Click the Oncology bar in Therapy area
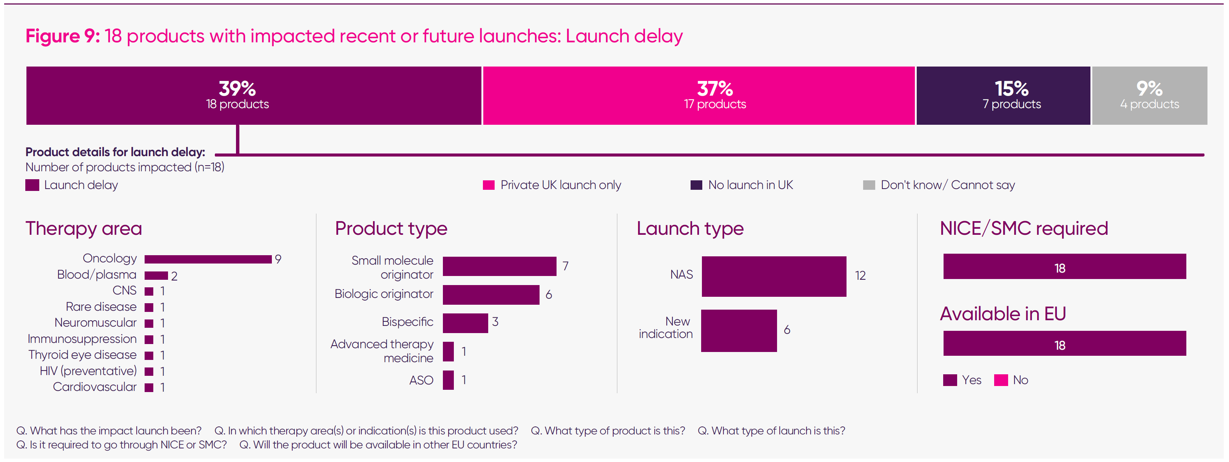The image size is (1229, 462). [x=208, y=259]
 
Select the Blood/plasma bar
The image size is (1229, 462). [x=156, y=276]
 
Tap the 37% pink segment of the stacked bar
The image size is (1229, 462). [x=699, y=96]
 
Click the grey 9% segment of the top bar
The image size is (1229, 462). [x=1149, y=96]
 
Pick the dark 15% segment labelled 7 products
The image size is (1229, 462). [x=1003, y=96]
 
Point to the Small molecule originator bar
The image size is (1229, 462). [x=499, y=266]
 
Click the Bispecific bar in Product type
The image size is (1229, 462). [x=465, y=323]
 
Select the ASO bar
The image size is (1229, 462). [x=448, y=380]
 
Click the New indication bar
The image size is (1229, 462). [x=739, y=330]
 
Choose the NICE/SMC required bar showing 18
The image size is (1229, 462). [x=1064, y=267]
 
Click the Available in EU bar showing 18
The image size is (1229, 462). [x=1064, y=344]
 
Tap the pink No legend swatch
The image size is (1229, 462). [x=1001, y=380]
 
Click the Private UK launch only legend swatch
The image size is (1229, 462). [x=489, y=185]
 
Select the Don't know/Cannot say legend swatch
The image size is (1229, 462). [x=869, y=185]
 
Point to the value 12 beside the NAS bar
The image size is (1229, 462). [x=860, y=276]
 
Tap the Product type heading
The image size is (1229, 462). [x=391, y=229]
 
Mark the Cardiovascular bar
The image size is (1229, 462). [x=149, y=388]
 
